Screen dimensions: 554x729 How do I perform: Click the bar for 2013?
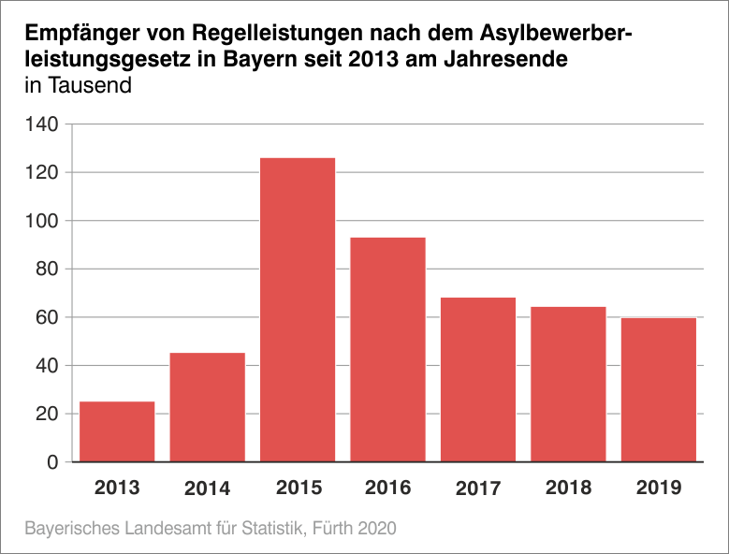117,431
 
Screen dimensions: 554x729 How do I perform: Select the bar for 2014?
207,407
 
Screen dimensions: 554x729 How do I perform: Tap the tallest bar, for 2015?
298,310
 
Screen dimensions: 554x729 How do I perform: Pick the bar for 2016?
387,349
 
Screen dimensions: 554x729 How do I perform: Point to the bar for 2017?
478,379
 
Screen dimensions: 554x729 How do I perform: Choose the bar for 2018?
568,384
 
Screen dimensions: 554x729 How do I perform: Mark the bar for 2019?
659,389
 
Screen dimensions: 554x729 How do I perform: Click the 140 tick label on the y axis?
43,124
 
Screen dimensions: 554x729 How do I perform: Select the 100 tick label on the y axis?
43,221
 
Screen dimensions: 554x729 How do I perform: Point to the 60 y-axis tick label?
48,317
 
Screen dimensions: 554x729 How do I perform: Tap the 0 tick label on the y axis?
53,462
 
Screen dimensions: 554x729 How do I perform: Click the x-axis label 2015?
298,488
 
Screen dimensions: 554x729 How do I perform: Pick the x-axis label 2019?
659,488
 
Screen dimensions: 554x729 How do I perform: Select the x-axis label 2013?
117,488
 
